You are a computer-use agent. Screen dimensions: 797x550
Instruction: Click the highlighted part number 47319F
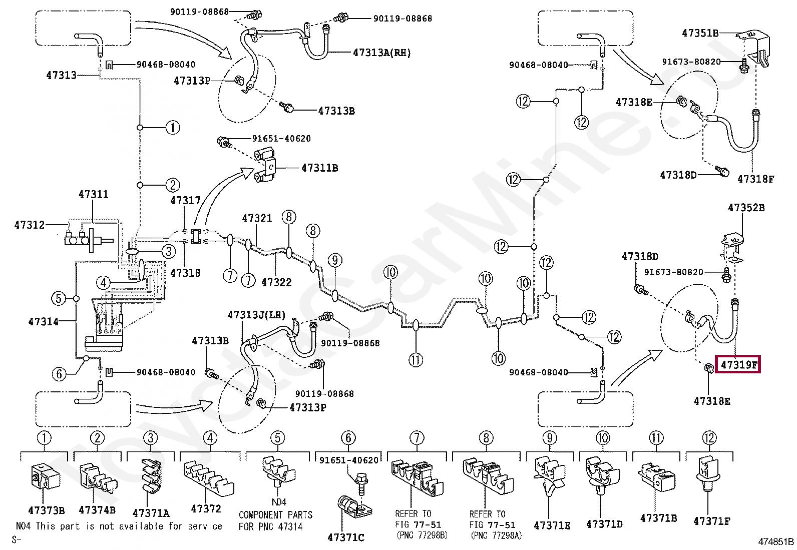738,364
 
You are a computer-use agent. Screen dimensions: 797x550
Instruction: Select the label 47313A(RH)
382,53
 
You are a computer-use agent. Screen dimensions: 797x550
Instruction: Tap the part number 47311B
319,168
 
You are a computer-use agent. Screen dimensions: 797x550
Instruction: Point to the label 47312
30,225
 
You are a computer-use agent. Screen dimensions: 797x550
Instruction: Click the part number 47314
44,322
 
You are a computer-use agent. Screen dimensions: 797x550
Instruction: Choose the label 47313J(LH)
256,314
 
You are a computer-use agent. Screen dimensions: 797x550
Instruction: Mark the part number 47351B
700,33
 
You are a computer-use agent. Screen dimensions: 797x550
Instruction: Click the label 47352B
746,207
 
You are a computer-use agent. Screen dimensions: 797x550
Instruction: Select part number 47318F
756,179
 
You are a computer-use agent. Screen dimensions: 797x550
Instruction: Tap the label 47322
276,282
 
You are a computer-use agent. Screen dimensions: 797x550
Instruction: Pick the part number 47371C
346,537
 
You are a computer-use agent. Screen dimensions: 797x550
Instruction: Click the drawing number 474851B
776,541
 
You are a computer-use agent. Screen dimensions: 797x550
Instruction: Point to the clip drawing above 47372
209,479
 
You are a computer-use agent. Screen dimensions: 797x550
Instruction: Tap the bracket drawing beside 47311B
265,167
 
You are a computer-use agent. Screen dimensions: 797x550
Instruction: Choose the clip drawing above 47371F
708,475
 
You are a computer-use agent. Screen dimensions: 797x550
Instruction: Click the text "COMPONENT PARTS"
275,515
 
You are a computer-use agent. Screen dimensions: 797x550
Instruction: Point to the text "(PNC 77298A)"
496,535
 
